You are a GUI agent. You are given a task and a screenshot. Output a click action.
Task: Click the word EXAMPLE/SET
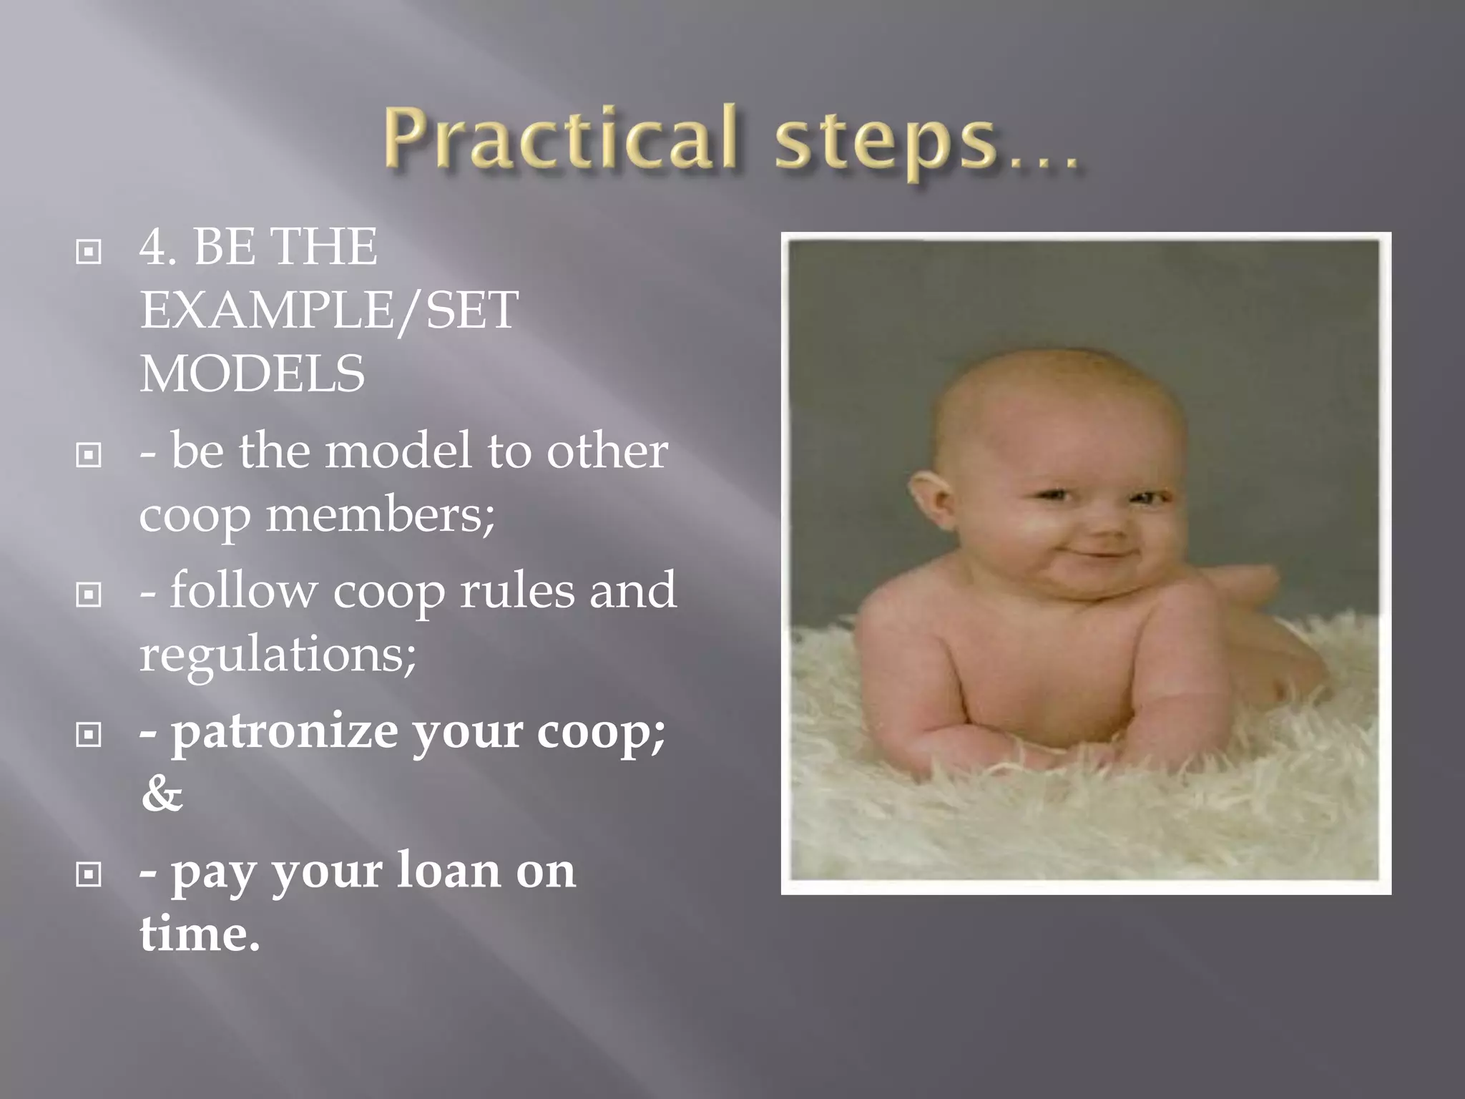point(328,310)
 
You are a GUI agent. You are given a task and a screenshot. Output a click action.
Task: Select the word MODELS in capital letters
point(252,373)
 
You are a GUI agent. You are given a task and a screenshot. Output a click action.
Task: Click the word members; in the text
point(380,514)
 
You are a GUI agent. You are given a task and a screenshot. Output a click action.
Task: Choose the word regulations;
point(278,653)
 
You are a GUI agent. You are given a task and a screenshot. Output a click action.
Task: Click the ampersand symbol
point(162,793)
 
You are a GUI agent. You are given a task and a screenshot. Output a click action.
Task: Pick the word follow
point(243,591)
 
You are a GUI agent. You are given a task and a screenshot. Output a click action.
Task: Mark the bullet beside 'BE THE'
point(89,251)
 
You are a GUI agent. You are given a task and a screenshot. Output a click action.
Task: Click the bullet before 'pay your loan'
point(89,874)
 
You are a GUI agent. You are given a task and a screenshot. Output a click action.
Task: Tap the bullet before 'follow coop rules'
point(89,594)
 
